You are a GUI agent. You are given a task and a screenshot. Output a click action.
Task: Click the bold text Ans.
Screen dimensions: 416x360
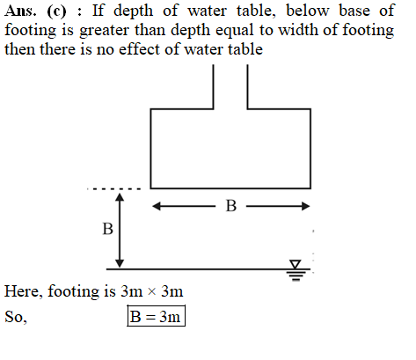[x=20, y=11]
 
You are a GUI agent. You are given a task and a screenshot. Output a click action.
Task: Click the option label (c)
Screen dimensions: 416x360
[x=56, y=11]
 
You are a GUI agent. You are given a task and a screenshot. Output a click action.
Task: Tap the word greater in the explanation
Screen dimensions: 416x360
[x=104, y=31]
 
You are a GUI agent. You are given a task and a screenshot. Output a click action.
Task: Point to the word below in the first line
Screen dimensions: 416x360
[x=308, y=11]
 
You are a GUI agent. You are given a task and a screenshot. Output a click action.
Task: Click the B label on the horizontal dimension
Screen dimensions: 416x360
[x=231, y=206]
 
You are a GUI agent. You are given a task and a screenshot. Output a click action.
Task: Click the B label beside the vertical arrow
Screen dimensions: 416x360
[x=107, y=229]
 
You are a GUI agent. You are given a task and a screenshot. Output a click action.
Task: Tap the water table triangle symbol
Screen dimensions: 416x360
[x=296, y=264]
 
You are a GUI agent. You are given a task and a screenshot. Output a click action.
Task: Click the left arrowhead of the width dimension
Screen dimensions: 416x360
[x=157, y=206]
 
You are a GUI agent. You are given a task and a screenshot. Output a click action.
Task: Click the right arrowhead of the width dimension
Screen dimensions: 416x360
[x=305, y=206]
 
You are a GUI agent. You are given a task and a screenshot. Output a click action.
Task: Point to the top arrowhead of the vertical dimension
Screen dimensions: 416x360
[x=120, y=197]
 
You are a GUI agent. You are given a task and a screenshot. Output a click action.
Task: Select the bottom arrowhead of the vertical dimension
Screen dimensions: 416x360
[x=120, y=263]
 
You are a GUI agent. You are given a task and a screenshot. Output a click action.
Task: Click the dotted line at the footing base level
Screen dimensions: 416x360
[x=114, y=189]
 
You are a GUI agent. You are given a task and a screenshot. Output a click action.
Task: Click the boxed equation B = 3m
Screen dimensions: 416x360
[x=156, y=316]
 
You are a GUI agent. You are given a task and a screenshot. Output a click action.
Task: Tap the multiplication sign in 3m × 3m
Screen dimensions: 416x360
[x=151, y=291]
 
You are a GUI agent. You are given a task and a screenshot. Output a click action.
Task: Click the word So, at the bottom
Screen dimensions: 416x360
[x=16, y=317]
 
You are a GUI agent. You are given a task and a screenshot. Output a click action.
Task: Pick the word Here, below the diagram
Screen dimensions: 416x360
[x=24, y=291]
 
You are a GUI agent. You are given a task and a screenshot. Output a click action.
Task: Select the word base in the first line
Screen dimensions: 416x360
[x=354, y=11]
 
